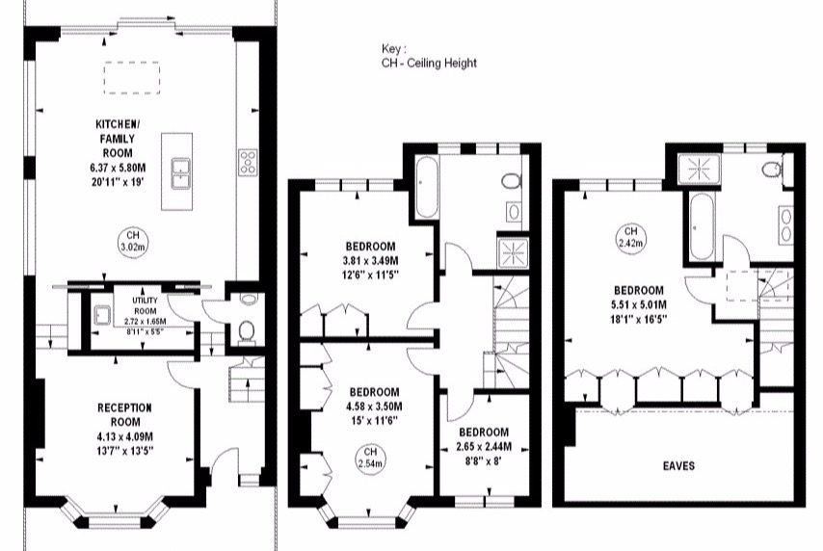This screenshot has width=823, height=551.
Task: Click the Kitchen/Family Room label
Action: (x=119, y=139)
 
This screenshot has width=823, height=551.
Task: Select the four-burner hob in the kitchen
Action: (x=248, y=162)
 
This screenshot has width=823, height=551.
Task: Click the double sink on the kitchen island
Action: (x=181, y=174)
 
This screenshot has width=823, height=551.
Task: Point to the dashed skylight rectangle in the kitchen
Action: (x=132, y=78)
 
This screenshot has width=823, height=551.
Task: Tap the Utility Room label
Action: (x=145, y=305)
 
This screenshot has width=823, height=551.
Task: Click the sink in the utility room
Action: (x=101, y=316)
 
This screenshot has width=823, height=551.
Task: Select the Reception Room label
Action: (x=125, y=414)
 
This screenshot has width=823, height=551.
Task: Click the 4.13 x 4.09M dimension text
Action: (x=125, y=436)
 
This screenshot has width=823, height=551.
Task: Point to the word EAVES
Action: (x=678, y=466)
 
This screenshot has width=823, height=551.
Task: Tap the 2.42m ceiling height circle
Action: (x=631, y=237)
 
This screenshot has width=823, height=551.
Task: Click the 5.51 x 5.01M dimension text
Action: (x=639, y=304)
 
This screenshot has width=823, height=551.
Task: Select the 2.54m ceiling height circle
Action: (x=371, y=458)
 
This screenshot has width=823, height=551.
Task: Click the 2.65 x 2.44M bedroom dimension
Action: (x=484, y=447)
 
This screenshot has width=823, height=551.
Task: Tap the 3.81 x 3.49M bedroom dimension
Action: (x=371, y=260)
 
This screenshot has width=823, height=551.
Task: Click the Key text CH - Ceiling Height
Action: (x=430, y=64)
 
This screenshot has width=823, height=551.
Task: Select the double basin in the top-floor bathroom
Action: (x=785, y=225)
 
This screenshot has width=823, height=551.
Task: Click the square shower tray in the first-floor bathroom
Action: (x=514, y=253)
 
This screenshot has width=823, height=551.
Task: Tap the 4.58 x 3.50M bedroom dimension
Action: (x=374, y=407)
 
